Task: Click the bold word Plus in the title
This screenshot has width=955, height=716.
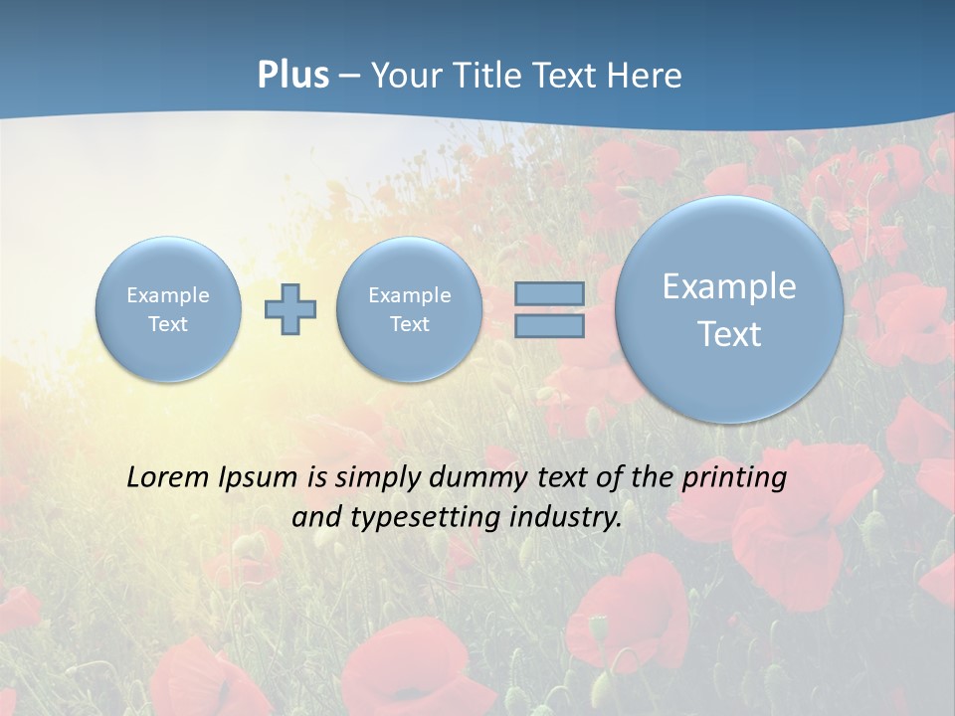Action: click(292, 76)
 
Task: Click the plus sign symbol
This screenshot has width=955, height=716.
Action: click(290, 309)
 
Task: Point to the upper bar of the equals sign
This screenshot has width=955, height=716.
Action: click(549, 294)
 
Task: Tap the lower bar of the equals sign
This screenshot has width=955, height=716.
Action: click(549, 325)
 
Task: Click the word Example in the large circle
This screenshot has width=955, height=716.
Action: click(729, 286)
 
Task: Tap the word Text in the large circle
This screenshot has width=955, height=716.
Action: click(729, 334)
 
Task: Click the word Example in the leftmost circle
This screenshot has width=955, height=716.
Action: click(168, 295)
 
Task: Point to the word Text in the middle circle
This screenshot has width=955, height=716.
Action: click(409, 324)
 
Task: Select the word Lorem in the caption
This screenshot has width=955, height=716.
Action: click(163, 477)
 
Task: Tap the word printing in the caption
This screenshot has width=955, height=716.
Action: click(735, 478)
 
